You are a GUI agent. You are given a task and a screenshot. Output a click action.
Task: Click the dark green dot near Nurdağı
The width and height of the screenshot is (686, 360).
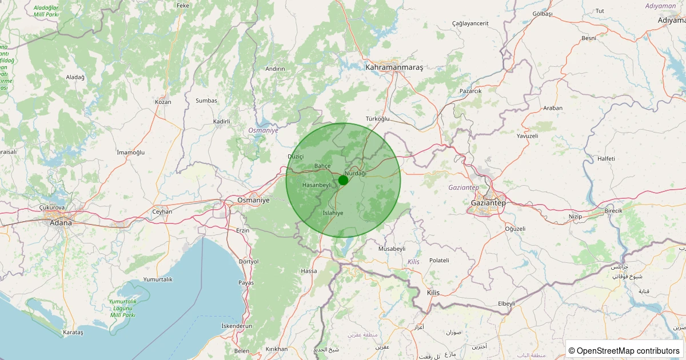click(x=343, y=180)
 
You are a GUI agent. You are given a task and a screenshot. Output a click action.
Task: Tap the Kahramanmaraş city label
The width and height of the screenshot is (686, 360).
click(x=394, y=67)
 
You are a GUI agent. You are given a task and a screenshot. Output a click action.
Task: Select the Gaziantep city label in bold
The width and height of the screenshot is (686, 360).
click(x=488, y=203)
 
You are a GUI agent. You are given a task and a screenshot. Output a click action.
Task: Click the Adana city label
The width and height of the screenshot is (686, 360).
click(x=61, y=222)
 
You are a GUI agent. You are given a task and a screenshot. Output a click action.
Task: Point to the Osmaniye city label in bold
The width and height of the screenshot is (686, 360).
click(x=253, y=200)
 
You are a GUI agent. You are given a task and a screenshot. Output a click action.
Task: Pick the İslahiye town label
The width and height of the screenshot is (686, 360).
click(x=333, y=213)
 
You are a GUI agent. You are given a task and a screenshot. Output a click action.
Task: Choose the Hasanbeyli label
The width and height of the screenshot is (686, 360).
click(x=317, y=185)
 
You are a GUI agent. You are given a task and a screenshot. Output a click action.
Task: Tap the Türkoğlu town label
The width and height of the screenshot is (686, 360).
click(x=377, y=119)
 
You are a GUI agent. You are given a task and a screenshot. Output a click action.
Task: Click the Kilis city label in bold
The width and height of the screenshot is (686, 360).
click(x=433, y=293)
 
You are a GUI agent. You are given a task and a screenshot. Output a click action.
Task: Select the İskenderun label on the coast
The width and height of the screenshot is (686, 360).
click(x=237, y=326)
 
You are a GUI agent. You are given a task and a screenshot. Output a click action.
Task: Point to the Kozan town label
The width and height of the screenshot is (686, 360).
click(x=163, y=102)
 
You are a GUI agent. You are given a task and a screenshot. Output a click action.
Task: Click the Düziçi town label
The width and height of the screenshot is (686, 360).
click(x=296, y=156)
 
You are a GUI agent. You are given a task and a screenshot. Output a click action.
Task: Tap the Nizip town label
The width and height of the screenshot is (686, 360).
click(x=575, y=217)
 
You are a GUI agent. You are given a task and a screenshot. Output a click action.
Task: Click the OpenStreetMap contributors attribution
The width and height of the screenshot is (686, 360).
click(x=624, y=350)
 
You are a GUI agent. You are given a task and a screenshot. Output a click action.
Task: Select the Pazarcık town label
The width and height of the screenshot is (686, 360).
click(x=470, y=91)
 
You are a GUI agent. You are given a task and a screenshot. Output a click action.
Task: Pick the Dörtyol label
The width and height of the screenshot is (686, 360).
click(x=248, y=261)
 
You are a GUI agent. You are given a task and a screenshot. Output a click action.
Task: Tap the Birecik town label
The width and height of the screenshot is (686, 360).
click(x=613, y=211)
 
